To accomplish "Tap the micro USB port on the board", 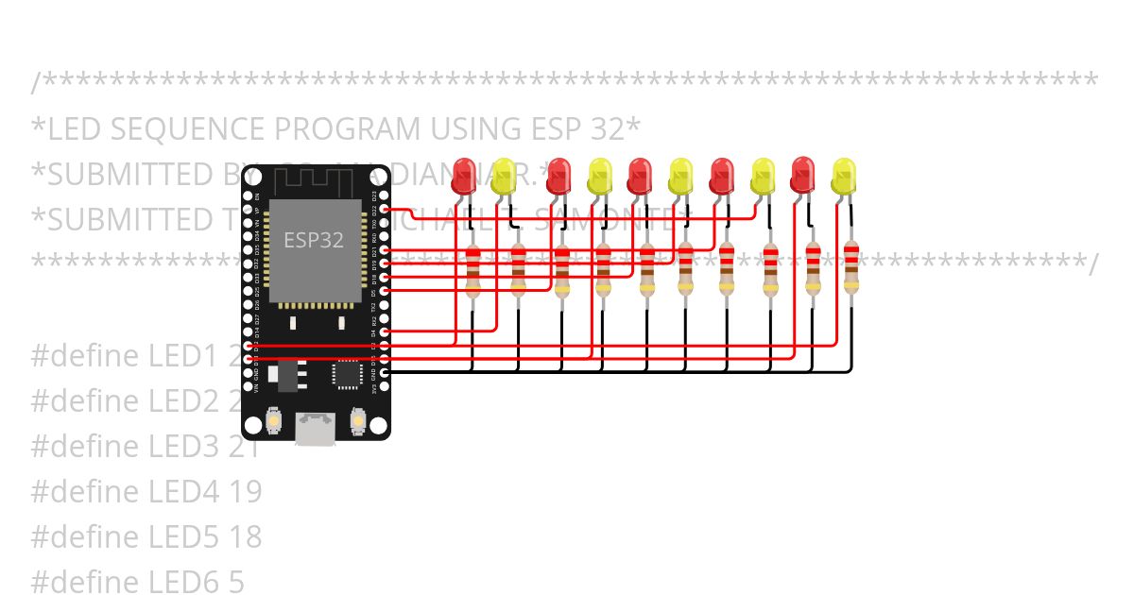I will pyautogui.click(x=315, y=428).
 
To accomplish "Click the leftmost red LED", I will pyautogui.click(x=464, y=177).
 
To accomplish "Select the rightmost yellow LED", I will pyautogui.click(x=843, y=177).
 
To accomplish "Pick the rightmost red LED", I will pyautogui.click(x=803, y=176).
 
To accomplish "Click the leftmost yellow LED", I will pyautogui.click(x=504, y=177).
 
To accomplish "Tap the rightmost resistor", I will pyautogui.click(x=851, y=267).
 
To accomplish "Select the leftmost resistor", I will pyautogui.click(x=473, y=272).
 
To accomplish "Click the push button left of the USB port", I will pyautogui.click(x=274, y=418).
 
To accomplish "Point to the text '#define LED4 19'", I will pyautogui.click(x=146, y=491).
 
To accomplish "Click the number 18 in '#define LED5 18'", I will pyautogui.click(x=246, y=536).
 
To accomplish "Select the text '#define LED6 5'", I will pyautogui.click(x=137, y=582).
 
